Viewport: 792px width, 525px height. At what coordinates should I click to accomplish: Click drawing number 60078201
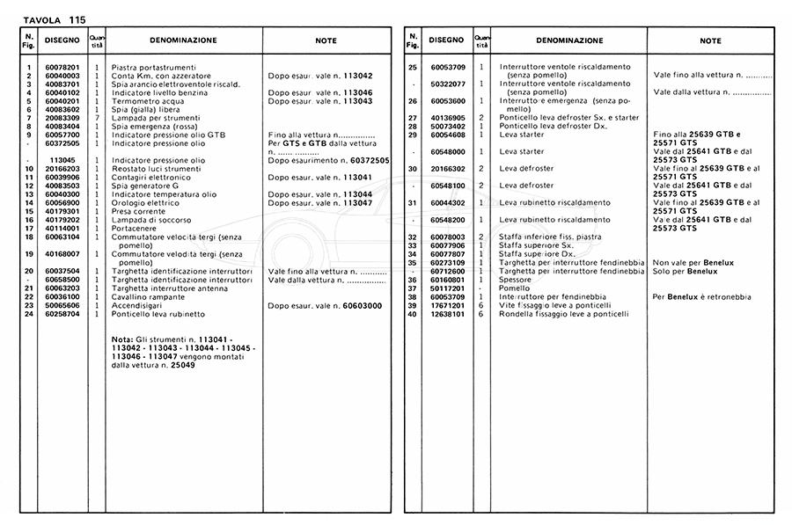click(62, 68)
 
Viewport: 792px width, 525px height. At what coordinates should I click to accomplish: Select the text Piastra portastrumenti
click(154, 68)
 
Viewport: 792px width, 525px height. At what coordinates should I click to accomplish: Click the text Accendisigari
click(138, 305)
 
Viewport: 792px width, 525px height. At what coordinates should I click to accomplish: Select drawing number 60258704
click(62, 313)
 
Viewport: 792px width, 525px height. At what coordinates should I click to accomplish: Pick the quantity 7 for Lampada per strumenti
click(97, 117)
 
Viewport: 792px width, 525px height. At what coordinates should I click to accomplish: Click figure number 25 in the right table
click(413, 68)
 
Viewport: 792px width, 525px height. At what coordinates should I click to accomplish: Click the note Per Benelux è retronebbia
click(702, 296)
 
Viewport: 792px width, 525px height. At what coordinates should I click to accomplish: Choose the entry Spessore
click(516, 280)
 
